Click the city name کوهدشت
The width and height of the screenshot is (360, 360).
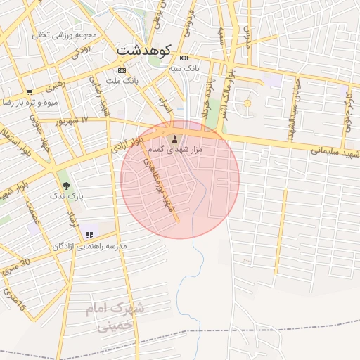pos(143,51)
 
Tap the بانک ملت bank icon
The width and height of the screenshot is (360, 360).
pos(121,71)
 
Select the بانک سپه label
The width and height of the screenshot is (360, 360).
pos(185,70)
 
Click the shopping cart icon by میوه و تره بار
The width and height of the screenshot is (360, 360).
pos(30,91)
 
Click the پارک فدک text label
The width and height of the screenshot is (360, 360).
pos(67,198)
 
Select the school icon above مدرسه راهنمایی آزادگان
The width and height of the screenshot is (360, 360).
pos(89,235)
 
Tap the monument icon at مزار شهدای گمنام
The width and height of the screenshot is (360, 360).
pos(175,137)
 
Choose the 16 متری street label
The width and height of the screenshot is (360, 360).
pos(14,300)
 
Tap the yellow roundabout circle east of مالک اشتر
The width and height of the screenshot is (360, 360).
pos(246,104)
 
